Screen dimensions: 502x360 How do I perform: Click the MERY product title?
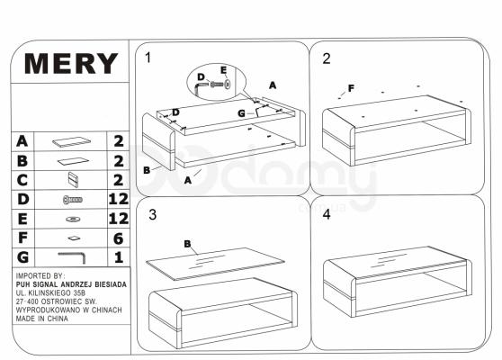[71, 63]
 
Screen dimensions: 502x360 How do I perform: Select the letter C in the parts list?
[22, 180]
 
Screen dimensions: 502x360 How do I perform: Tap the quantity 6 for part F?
[119, 238]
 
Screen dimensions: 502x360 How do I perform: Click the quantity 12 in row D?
[119, 199]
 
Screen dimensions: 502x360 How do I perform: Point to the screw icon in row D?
[73, 200]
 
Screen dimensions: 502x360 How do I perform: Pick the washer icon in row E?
[73, 220]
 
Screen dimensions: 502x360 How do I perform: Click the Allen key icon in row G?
[72, 257]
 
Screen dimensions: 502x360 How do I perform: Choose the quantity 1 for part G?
[119, 257]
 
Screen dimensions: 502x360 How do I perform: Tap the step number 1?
[148, 58]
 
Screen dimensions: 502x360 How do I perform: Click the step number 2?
[327, 58]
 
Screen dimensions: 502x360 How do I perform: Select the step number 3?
[153, 215]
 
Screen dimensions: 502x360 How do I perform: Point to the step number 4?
[327, 214]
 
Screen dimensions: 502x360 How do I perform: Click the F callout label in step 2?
[351, 88]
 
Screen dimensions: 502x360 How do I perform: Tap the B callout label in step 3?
[188, 244]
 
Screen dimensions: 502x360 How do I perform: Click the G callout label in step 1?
[242, 113]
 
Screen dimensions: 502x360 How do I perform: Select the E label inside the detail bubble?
[223, 70]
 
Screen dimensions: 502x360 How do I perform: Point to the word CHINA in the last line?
[58, 319]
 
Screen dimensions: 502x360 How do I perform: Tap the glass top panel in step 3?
[215, 264]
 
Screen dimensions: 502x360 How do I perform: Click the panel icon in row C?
[73, 180]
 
